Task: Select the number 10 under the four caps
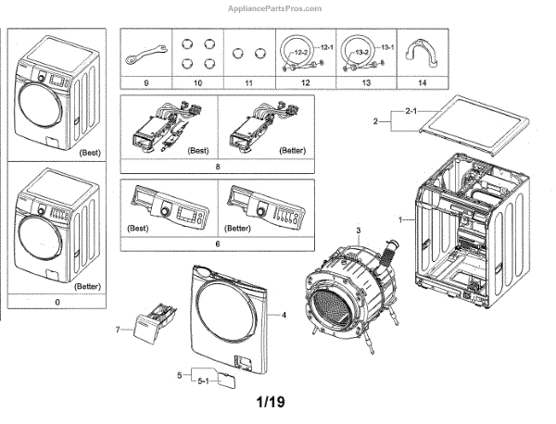tap(196, 83)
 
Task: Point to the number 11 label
tap(247, 83)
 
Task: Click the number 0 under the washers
tap(58, 301)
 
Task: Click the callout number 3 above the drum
tap(359, 226)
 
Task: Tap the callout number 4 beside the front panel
tap(284, 317)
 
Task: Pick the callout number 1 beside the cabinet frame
tap(400, 220)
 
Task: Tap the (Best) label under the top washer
tap(89, 151)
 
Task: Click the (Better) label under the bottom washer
tap(89, 286)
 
